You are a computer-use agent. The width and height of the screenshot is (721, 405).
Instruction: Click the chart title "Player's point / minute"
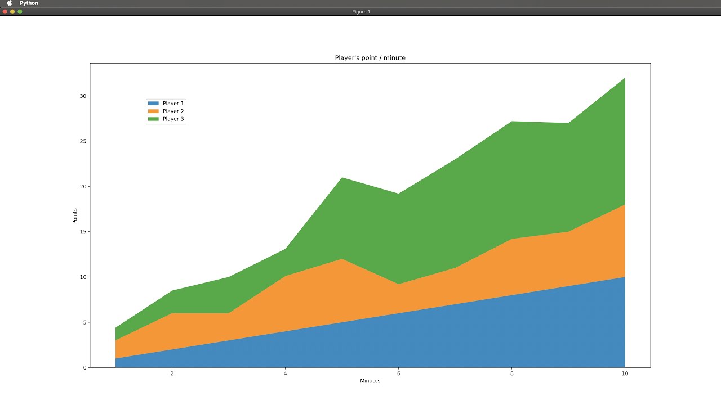370,58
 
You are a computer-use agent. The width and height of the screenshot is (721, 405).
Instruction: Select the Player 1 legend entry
166,103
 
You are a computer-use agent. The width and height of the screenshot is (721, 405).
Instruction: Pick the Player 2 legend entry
166,111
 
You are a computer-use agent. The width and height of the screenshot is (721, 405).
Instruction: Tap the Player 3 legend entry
166,119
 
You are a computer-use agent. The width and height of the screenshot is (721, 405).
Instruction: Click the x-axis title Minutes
370,381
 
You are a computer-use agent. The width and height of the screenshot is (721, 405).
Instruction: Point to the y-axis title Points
75,216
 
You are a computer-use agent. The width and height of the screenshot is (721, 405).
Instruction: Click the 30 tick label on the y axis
83,96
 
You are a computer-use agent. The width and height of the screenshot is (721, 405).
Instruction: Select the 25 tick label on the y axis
83,141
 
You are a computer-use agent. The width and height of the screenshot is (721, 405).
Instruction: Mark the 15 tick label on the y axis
83,232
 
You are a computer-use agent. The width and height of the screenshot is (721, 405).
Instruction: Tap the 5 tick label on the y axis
84,322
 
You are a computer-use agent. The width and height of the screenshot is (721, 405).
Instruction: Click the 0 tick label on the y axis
84,368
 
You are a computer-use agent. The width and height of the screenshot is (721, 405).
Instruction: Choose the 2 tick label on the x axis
172,373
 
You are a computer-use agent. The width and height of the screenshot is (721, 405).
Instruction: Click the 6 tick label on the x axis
398,373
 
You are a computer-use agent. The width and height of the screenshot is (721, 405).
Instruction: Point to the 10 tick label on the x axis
624,373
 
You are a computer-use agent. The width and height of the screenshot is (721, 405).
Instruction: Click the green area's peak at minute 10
624,79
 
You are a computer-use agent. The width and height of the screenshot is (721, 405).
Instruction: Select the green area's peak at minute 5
342,178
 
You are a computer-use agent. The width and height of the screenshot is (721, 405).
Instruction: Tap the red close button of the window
5,12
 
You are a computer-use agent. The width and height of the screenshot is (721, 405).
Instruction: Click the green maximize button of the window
20,12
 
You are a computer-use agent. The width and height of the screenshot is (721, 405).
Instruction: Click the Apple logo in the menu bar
9,3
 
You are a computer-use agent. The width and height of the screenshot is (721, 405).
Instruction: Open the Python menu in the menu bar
29,3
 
